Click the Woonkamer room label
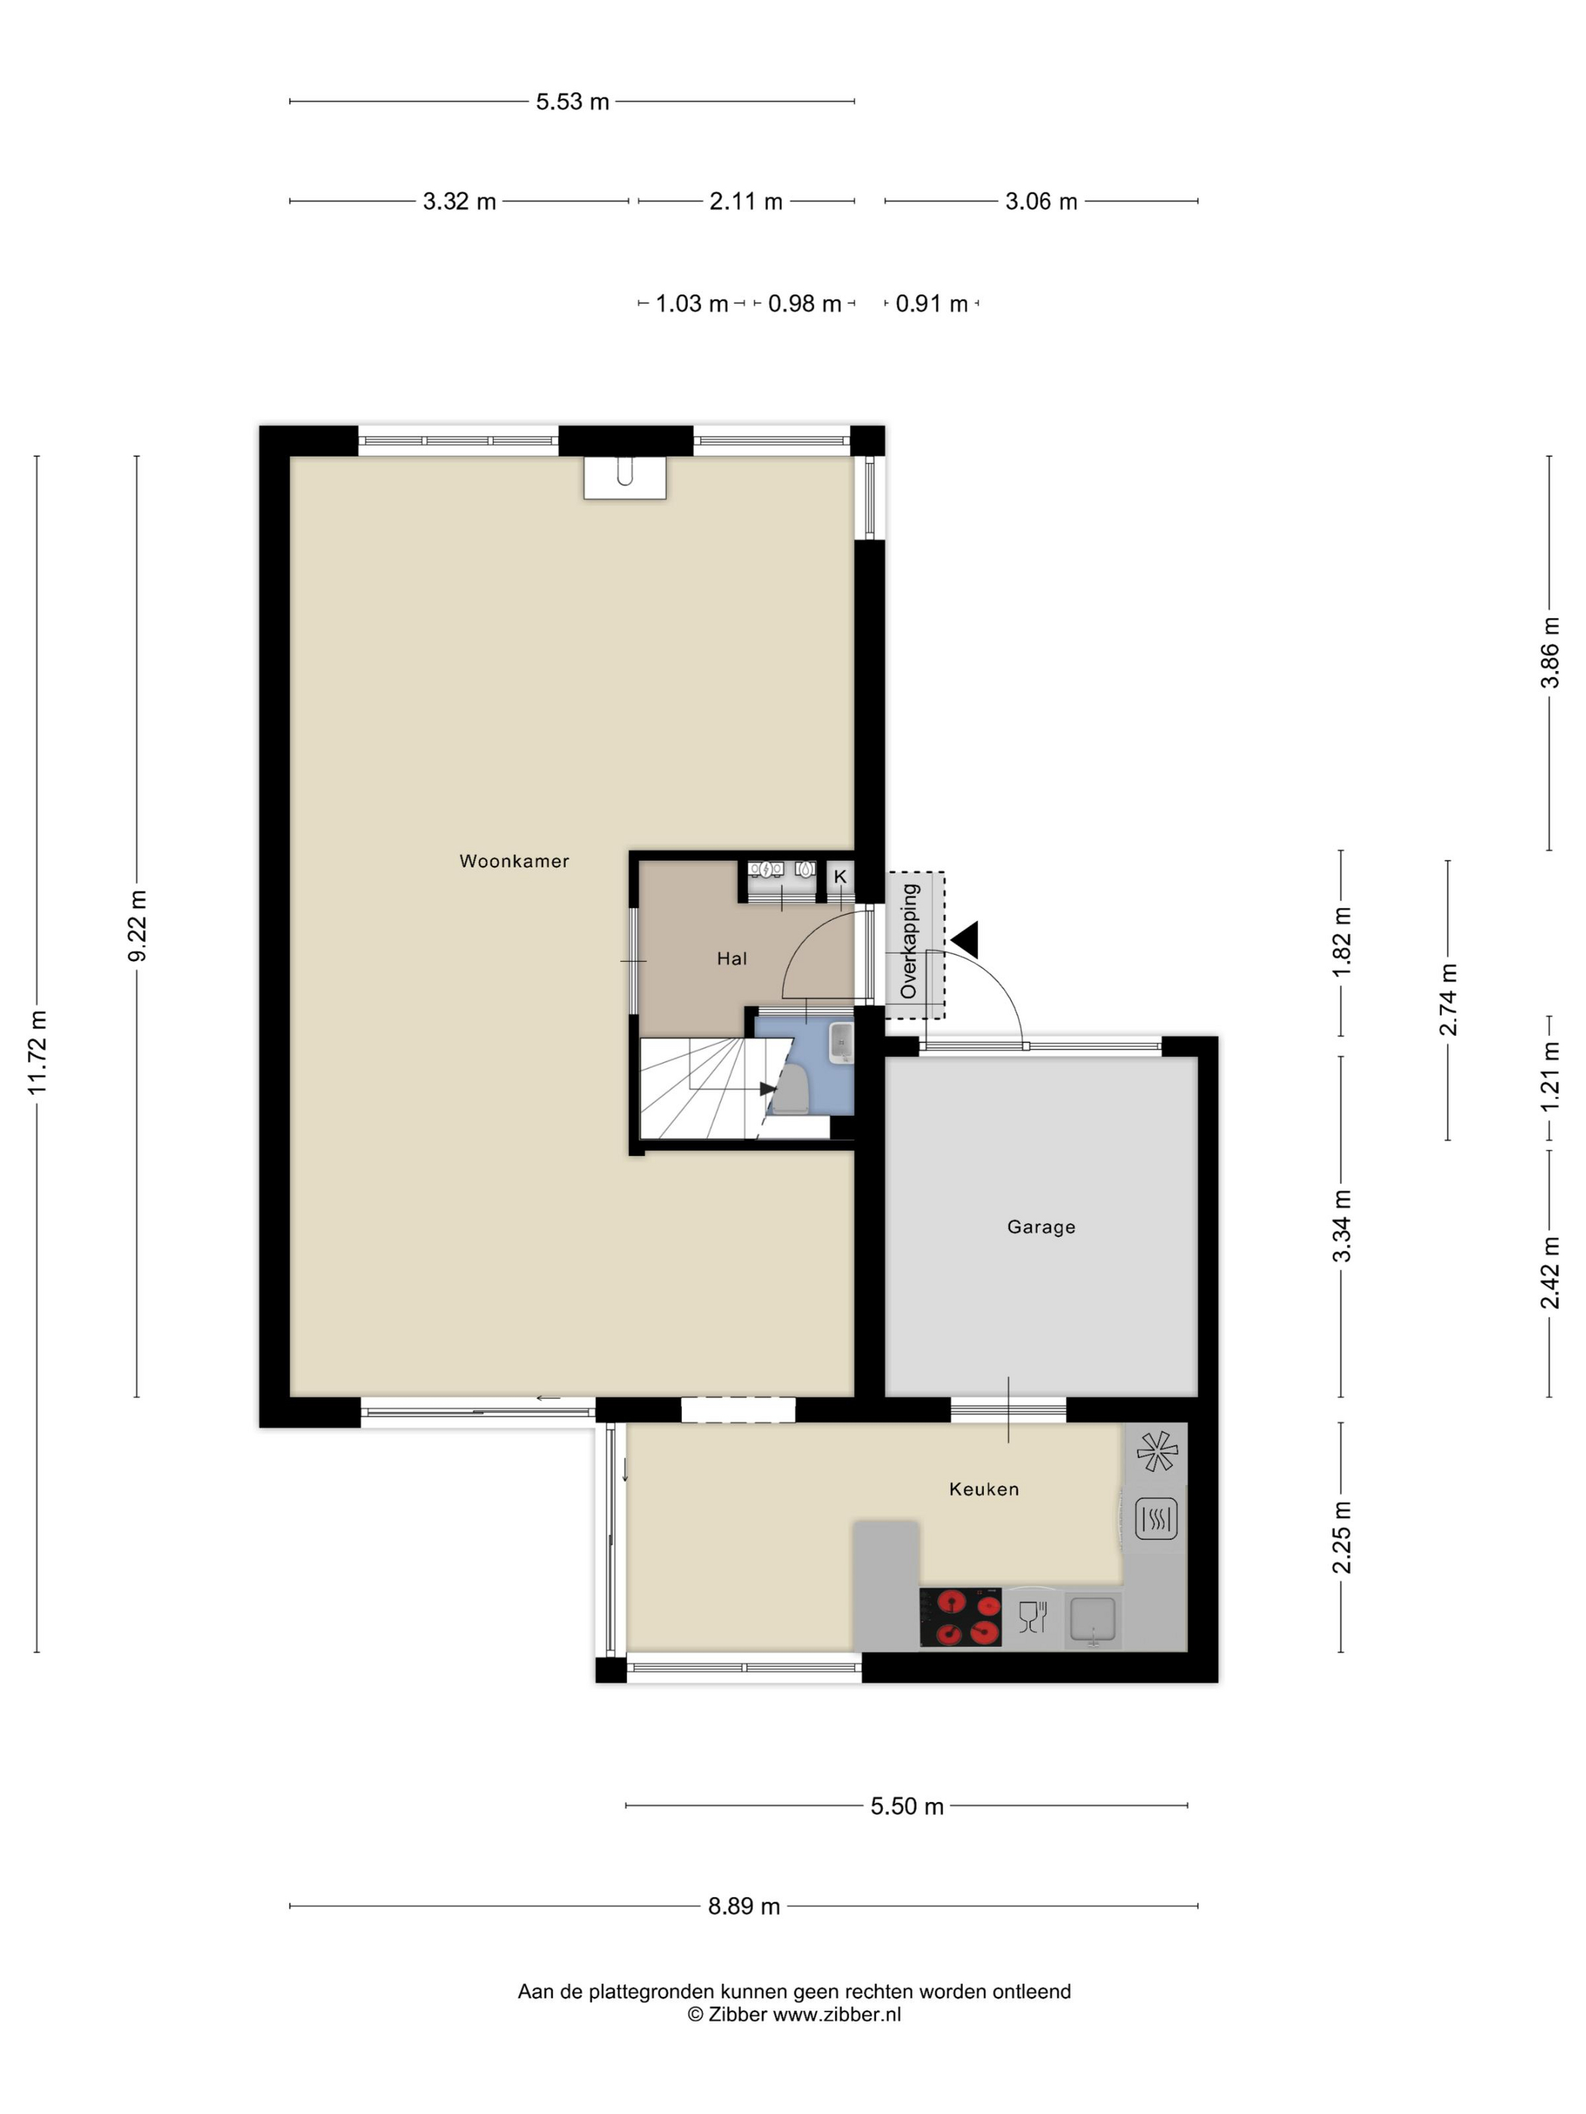pyautogui.click(x=514, y=861)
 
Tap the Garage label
pyautogui.click(x=1041, y=1227)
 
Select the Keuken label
pyautogui.click(x=984, y=1489)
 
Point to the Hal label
pyautogui.click(x=731, y=959)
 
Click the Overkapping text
pyautogui.click(x=909, y=941)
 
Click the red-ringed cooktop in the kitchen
pyautogui.click(x=960, y=1617)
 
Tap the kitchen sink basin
pyautogui.click(x=1093, y=1618)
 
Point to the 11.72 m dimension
pyautogui.click(x=37, y=1052)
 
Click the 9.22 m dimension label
pyautogui.click(x=137, y=926)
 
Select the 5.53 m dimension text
pyautogui.click(x=572, y=101)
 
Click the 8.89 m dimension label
pyautogui.click(x=744, y=1906)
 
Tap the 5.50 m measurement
pyautogui.click(x=906, y=1805)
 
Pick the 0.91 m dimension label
pyautogui.click(x=931, y=304)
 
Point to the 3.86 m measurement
pyautogui.click(x=1550, y=653)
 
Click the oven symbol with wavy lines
pyautogui.click(x=1156, y=1518)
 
